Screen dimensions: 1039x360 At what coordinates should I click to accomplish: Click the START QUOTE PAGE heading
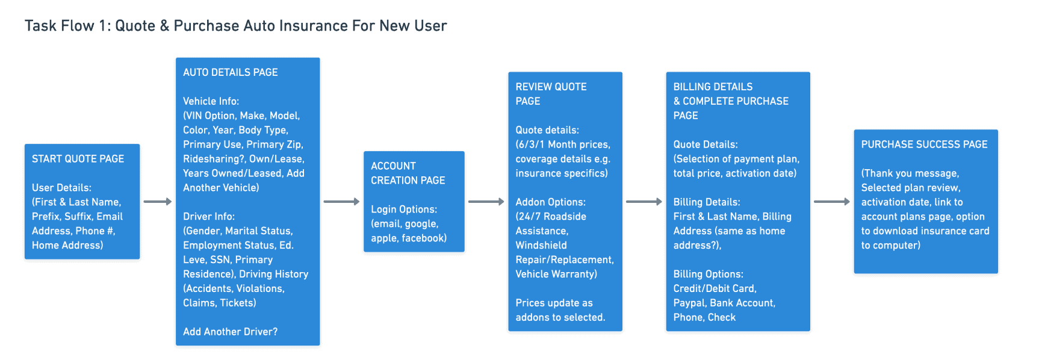pos(78,159)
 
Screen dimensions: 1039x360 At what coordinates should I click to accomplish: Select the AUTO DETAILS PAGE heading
pos(231,72)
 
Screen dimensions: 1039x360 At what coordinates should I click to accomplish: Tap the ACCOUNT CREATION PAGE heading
pos(408,173)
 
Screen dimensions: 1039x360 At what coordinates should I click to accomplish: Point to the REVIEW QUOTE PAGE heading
pos(551,94)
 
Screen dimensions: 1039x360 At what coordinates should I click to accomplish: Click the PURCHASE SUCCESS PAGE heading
pos(924,144)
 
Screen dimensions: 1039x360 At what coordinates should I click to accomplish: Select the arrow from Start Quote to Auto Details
pos(158,202)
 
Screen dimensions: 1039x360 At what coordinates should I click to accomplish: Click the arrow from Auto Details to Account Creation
pos(341,202)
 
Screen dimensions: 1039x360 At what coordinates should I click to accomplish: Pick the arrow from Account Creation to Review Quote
pos(486,202)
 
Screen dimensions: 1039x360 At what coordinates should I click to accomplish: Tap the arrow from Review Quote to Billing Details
pos(644,202)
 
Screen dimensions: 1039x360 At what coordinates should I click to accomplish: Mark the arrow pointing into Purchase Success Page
pos(832,202)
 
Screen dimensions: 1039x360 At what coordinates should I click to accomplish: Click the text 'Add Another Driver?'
pos(231,332)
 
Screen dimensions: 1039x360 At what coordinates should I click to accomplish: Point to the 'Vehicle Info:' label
pos(211,101)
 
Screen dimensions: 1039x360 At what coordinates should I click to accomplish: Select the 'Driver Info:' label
pos(209,216)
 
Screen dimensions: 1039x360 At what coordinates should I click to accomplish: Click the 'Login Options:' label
pos(404,209)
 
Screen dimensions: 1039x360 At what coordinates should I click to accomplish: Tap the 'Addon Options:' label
pos(550,202)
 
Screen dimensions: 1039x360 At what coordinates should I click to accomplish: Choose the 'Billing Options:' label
pos(708,274)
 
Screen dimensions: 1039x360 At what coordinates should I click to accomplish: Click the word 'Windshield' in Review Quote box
pos(541,245)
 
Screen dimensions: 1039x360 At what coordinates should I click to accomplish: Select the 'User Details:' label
pos(61,188)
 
